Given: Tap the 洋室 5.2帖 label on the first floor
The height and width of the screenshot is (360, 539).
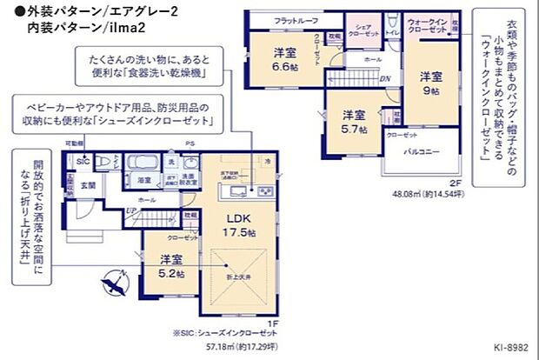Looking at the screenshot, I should [171, 265].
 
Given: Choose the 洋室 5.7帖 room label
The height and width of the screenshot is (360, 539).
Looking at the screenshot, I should [352, 122].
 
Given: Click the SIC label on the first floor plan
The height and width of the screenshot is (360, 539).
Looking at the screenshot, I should [83, 162].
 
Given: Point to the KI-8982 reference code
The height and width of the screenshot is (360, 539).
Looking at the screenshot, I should [513, 347].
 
